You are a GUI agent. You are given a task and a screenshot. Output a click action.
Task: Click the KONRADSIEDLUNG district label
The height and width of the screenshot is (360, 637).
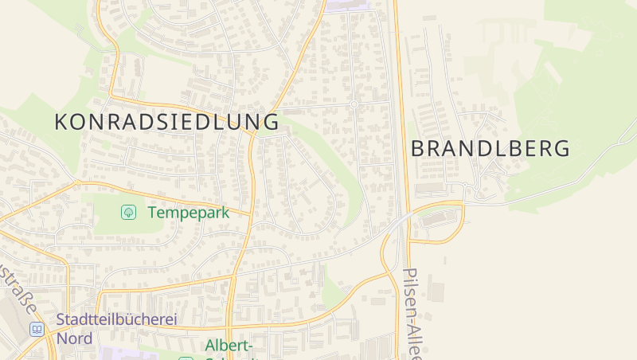coord(166,122)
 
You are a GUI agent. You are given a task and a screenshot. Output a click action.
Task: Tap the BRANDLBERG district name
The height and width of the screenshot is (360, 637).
coord(490,148)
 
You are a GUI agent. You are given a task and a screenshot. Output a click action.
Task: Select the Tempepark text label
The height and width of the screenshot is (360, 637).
coord(188,213)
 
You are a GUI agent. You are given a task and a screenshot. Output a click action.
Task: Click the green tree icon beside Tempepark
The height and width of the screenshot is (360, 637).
coord(127,212)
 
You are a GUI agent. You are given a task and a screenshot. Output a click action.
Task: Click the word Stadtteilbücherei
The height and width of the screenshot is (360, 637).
coord(116,320)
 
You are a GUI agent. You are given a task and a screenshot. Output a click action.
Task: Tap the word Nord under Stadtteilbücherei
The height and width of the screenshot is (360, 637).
coord(74,338)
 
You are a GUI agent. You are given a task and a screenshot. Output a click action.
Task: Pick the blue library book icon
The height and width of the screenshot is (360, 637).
coord(37,329)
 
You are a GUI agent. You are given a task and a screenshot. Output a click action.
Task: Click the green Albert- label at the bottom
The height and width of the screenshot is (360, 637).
coord(229,346)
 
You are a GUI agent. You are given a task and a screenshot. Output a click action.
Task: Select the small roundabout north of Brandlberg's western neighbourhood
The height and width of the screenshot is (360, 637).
coord(353,104)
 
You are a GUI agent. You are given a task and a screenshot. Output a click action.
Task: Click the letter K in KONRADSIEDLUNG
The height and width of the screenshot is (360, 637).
coord(61,122)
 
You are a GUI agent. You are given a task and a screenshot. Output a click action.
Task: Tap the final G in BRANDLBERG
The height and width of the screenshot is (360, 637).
coord(562,148)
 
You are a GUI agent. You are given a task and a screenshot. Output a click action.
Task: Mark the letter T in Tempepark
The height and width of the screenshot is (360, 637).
coord(152,213)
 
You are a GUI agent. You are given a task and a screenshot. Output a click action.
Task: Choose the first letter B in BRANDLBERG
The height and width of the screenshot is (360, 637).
coord(419,148)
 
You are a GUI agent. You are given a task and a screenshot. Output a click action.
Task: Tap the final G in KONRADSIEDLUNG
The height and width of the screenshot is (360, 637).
coord(271,122)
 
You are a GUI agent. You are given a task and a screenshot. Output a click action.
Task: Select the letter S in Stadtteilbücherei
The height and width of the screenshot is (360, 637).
coord(61,320)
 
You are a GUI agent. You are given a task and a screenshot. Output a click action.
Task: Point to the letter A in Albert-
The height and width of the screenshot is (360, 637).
coord(211,346)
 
